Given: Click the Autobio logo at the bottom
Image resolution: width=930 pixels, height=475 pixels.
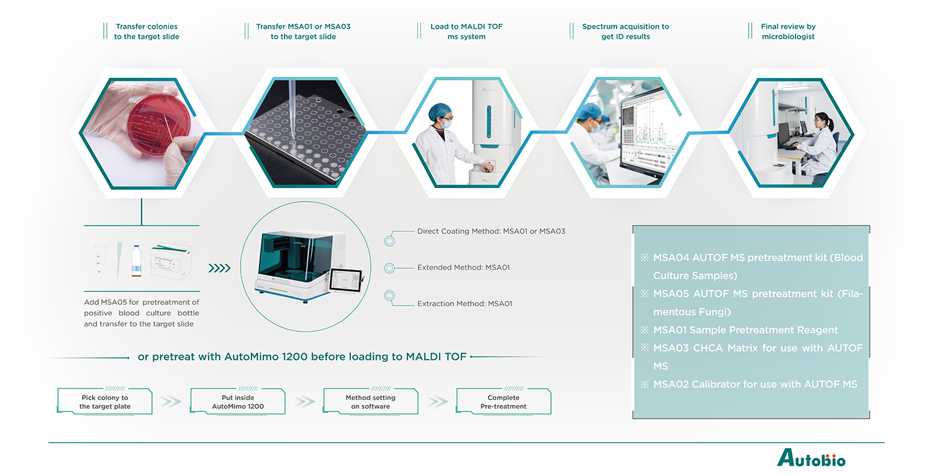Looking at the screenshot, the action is coord(811,458).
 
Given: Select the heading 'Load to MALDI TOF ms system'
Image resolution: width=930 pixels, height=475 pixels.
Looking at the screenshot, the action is coord(466,31).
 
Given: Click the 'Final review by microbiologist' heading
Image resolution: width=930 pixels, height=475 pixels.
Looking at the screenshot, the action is coord(788,31).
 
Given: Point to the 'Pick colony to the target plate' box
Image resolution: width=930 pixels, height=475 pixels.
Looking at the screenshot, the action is coord(105,402).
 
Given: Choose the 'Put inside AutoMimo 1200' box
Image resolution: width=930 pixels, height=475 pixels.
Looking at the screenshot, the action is coord(238,402).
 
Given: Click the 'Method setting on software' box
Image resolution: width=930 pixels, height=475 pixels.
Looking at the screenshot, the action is coord(371,402).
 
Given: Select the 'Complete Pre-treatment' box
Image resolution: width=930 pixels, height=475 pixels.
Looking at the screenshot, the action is coord(503,402).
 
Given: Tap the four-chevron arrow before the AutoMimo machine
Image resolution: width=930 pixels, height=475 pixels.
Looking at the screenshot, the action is coord(220,268).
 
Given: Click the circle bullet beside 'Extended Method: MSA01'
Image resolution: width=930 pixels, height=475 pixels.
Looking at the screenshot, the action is coord(389,268).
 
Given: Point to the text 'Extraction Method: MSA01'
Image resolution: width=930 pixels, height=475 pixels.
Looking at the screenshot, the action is coord(465,304).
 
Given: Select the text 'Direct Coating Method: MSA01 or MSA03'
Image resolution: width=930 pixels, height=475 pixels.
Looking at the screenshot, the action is coord(491,231).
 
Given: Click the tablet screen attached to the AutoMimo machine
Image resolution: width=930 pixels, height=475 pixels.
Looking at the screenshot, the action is coord(345,281).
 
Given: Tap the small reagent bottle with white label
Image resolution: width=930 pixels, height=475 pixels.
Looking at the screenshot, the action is coord(136,261).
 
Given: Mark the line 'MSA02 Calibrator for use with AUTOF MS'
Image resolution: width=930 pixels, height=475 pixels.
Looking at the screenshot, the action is coord(755,384).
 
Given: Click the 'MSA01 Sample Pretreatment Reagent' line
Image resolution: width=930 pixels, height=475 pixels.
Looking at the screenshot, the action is coord(746,330).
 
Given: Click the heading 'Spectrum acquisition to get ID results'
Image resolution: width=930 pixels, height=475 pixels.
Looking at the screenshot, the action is coord(625,31).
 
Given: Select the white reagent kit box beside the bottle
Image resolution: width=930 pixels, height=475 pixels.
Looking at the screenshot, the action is coord(171,262).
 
